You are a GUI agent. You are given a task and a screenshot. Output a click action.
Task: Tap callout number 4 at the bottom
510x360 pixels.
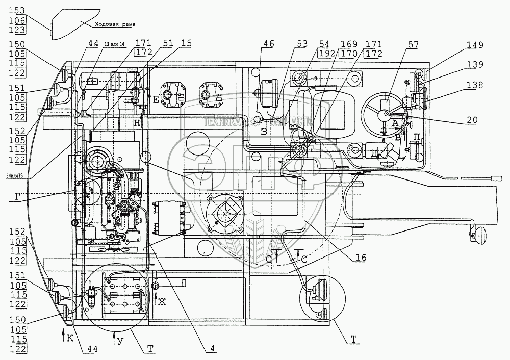[210, 349]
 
